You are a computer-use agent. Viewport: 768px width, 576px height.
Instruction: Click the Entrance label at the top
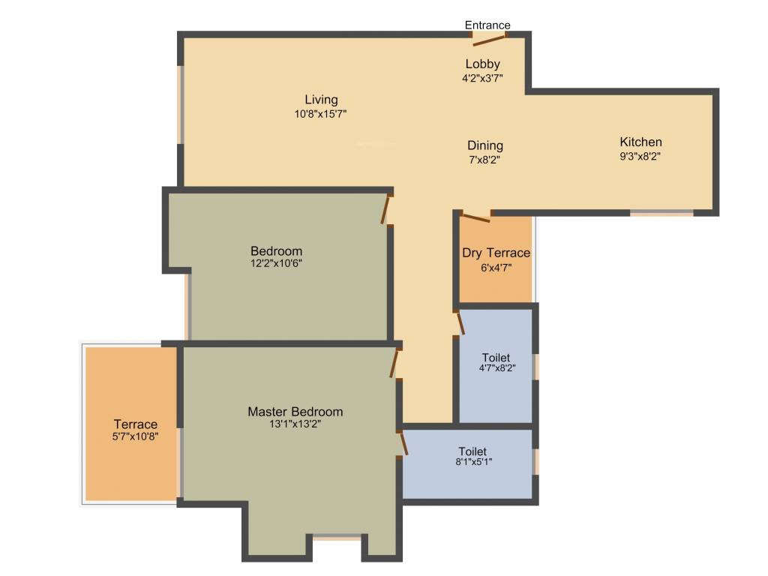coord(487,25)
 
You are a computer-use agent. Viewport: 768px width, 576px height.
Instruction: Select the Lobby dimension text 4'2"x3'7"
coord(481,77)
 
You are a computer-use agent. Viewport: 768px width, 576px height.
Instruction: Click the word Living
coord(321,100)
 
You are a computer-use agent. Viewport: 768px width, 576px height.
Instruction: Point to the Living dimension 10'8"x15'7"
coord(321,114)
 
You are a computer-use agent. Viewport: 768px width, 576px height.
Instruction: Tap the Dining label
coord(485,145)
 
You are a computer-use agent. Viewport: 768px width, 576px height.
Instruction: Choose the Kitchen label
coord(640,142)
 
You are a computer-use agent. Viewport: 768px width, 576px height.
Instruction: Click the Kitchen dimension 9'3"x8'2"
coord(640,157)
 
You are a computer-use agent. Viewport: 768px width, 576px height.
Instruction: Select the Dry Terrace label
coord(496,253)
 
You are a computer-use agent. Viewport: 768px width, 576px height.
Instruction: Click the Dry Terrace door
coord(475,218)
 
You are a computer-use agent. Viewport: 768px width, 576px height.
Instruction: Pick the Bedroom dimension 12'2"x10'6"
coord(277,263)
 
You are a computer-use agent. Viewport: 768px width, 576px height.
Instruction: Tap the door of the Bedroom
coord(387,208)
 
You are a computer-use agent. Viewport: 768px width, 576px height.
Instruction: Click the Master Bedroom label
coord(295,412)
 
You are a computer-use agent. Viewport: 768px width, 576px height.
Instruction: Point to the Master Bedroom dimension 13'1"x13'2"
coord(295,424)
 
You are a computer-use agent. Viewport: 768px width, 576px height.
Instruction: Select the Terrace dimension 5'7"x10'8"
coord(136,437)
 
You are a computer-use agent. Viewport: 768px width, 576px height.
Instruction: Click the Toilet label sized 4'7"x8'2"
coord(496,358)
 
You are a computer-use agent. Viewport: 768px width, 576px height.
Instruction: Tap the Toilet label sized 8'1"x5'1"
coord(472,451)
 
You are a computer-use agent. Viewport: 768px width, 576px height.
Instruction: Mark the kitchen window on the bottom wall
coord(661,214)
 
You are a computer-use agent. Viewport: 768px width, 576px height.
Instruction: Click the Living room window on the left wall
coord(180,104)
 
